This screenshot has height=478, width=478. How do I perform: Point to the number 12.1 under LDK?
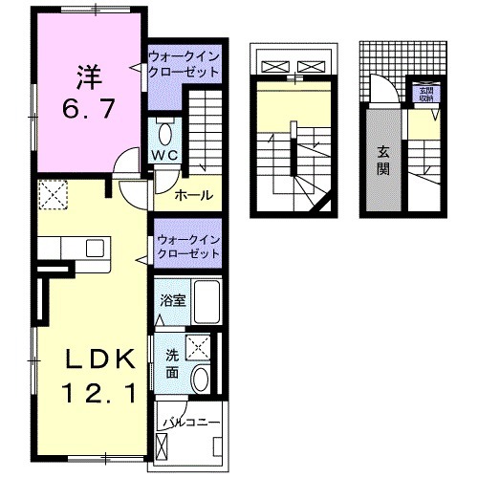[x=93, y=391]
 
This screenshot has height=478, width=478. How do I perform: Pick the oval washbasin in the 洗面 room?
[x=201, y=379]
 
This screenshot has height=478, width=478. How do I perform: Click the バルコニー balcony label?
[x=191, y=422]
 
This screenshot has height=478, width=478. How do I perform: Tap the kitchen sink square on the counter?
[x=94, y=249]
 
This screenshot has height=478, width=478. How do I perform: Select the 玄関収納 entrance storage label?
[x=423, y=94]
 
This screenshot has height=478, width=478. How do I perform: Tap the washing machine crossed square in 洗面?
[x=199, y=347]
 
